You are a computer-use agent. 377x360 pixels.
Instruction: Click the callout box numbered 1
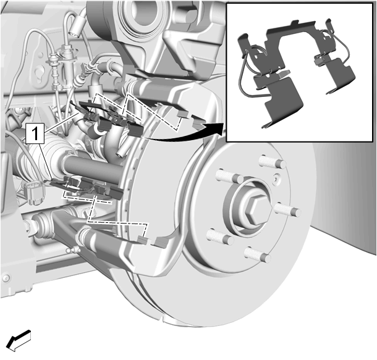click(35, 133)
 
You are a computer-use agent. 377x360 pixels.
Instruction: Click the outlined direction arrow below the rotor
click(19, 340)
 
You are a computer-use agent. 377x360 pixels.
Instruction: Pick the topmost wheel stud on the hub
click(273, 161)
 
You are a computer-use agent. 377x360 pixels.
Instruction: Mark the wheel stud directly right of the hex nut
click(287, 210)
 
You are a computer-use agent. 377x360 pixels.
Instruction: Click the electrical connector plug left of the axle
click(34, 191)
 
